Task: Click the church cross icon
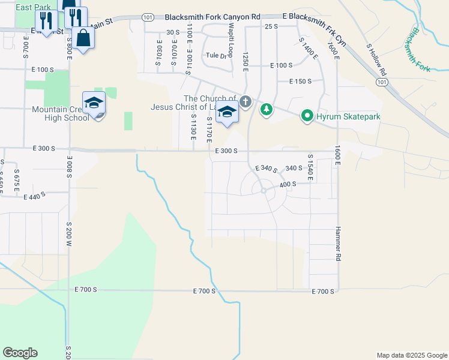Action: click(245, 102)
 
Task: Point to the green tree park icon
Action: click(266, 110)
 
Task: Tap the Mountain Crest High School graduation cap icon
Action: click(94, 104)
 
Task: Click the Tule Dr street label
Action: click(216, 56)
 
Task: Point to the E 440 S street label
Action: click(35, 196)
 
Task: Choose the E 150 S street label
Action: click(300, 82)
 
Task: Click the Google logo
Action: click(20, 353)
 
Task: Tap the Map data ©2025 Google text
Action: click(411, 355)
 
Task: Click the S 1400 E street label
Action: click(306, 46)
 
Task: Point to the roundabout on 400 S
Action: click(263, 191)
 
